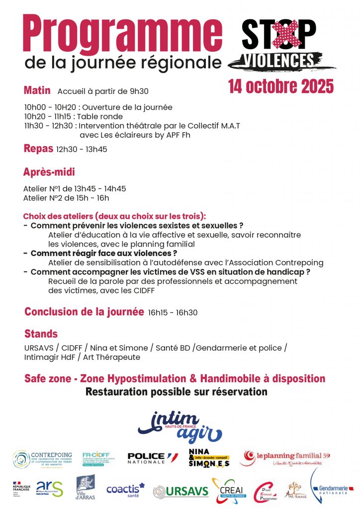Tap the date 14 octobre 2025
(281, 86)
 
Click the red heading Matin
(37, 90)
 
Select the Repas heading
(39, 148)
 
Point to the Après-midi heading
(49, 172)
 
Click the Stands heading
(41, 334)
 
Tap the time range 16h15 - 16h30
(173, 313)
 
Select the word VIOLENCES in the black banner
(280, 60)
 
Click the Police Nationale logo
(152, 458)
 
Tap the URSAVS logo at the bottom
(181, 491)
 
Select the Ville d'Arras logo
(86, 488)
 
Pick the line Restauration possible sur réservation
(177, 392)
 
